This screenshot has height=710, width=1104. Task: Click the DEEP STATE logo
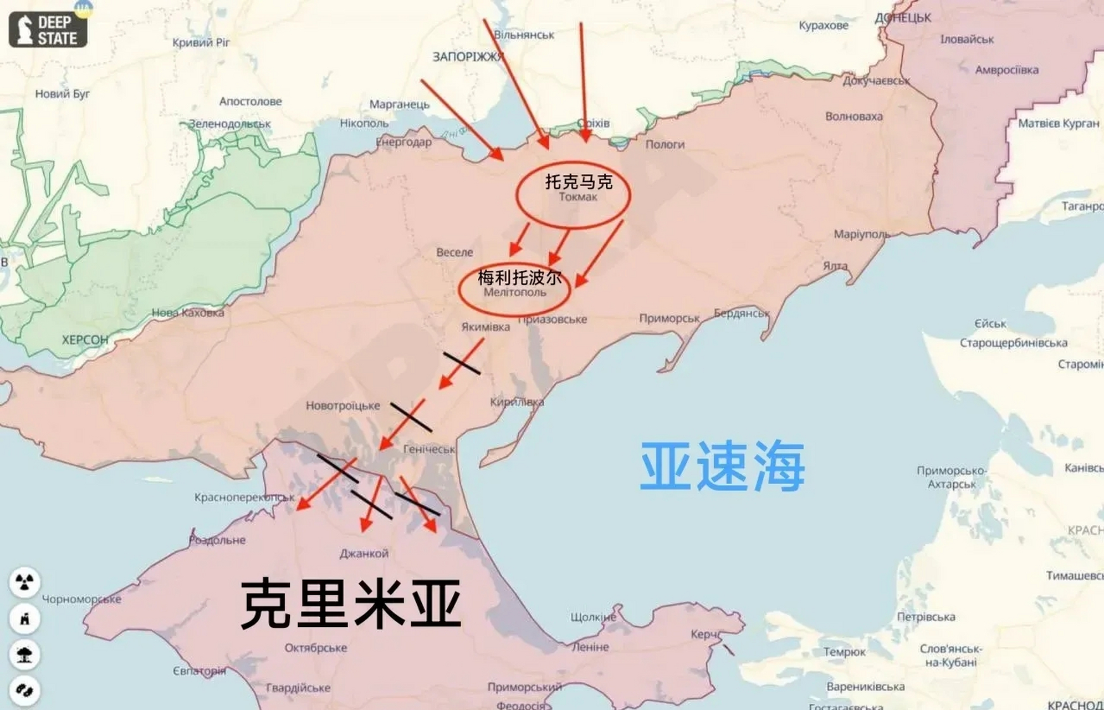(x=48, y=30)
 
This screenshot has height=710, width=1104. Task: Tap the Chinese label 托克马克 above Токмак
(x=579, y=181)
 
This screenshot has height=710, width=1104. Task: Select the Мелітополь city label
(x=515, y=292)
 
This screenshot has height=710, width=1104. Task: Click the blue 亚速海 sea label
(x=722, y=466)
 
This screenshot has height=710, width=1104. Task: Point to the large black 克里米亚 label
(x=351, y=603)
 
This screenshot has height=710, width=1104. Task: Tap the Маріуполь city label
(x=861, y=234)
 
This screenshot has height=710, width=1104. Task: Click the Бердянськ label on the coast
(x=742, y=313)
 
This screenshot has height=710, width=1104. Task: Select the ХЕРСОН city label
(x=85, y=339)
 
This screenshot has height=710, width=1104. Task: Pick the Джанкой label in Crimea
(x=364, y=553)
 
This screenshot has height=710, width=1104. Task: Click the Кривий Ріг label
(x=201, y=42)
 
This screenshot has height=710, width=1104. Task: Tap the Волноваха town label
(x=853, y=116)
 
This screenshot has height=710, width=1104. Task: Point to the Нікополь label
(x=364, y=123)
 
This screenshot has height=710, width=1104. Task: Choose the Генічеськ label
(x=429, y=449)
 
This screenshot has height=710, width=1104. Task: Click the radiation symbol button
(x=24, y=582)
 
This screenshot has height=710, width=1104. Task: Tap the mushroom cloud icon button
(x=24, y=655)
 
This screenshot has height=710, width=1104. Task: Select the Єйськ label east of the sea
(x=990, y=323)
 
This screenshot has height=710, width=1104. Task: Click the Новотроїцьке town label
(x=343, y=405)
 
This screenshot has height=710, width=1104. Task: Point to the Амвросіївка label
(x=1006, y=70)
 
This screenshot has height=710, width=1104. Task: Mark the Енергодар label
(x=403, y=142)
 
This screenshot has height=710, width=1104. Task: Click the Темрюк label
(x=844, y=652)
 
